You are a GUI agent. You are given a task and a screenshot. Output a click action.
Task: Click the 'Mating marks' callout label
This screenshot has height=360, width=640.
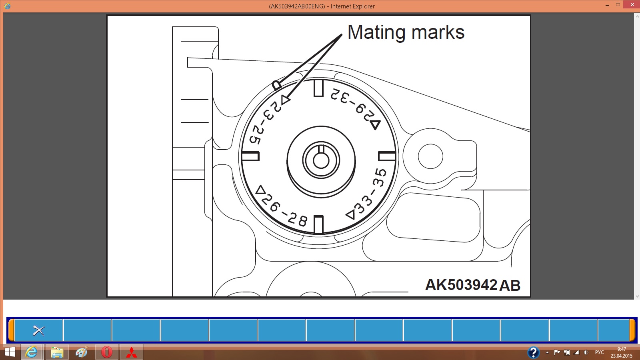[406, 32]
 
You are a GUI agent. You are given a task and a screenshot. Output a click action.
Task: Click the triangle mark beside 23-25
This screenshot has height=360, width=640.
[286, 100]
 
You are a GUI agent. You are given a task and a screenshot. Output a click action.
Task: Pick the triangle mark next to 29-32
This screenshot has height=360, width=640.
[376, 124]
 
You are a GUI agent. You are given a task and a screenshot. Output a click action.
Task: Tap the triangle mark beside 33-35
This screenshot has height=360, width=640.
[350, 215]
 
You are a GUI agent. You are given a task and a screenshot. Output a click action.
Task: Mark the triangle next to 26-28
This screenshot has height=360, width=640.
[260, 190]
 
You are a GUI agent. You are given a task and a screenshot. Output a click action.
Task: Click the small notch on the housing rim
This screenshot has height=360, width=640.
[276, 86]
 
